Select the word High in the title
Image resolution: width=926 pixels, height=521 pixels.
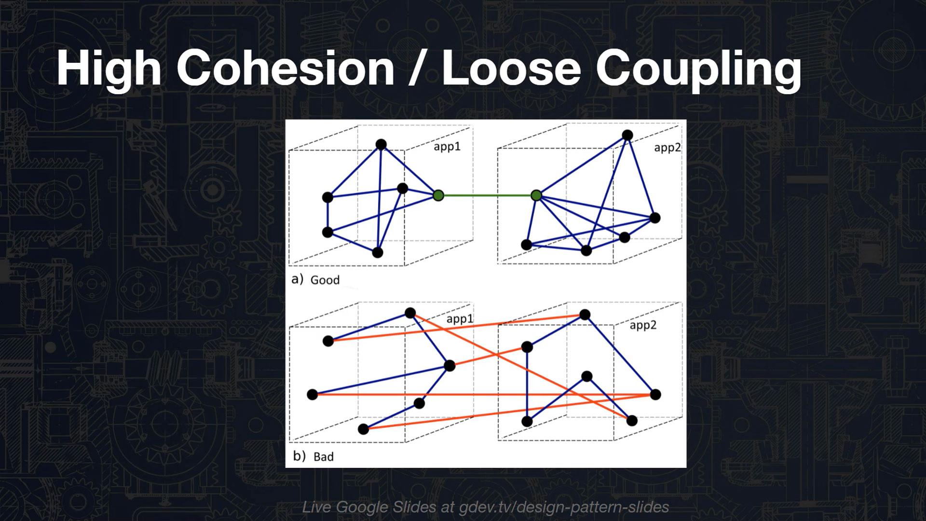point(109,70)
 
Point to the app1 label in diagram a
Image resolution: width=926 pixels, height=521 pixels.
point(447,147)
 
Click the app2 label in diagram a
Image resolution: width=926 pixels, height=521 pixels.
point(667,148)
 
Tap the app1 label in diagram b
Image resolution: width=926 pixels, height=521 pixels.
point(460,319)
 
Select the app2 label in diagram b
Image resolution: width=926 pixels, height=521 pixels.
point(643,326)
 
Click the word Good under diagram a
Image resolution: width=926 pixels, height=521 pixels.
point(325,280)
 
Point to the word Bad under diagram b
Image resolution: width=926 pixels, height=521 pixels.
point(324,456)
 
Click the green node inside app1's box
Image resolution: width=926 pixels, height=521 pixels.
point(438,195)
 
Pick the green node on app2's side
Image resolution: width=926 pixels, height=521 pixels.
point(536,195)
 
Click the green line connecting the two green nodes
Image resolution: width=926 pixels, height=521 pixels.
point(487,195)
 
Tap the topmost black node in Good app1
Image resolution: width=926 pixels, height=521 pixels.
point(381,144)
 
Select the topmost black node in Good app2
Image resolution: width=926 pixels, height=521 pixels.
point(627,135)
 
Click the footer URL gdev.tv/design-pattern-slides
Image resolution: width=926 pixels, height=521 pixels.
point(564,507)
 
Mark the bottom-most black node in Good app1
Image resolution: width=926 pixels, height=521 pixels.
point(378,252)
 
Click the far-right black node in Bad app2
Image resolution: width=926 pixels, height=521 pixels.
point(655,395)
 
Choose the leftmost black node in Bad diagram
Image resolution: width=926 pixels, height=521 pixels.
point(313,395)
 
